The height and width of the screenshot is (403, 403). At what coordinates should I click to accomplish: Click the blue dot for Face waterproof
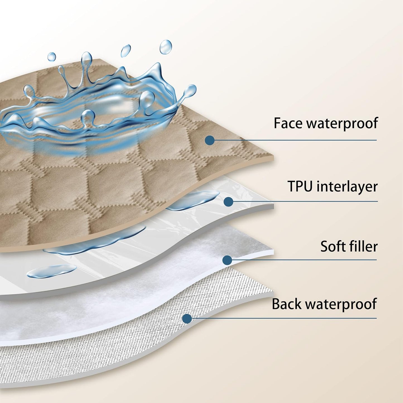(x=210, y=140)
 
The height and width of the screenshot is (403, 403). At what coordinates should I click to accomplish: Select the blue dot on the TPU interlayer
(x=228, y=201)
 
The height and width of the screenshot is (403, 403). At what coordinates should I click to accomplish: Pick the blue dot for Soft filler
(x=227, y=260)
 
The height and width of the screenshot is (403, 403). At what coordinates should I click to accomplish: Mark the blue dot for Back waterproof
(x=187, y=318)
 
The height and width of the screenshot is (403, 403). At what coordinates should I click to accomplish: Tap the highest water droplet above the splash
(x=166, y=47)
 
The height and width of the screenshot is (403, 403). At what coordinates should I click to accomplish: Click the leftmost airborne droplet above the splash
(x=51, y=57)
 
